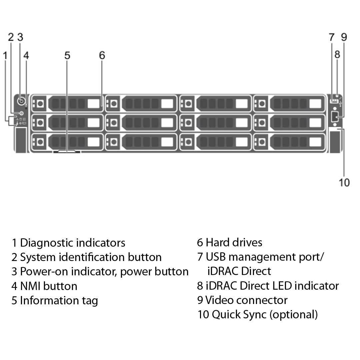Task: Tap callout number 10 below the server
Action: (x=344, y=182)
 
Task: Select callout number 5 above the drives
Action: (x=67, y=55)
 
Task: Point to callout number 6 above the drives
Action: (x=102, y=55)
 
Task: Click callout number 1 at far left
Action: (x=5, y=55)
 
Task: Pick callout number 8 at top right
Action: (x=337, y=54)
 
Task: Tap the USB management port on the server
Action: (x=333, y=101)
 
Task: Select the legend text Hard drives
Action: (x=234, y=242)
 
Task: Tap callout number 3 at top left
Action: (x=20, y=37)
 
